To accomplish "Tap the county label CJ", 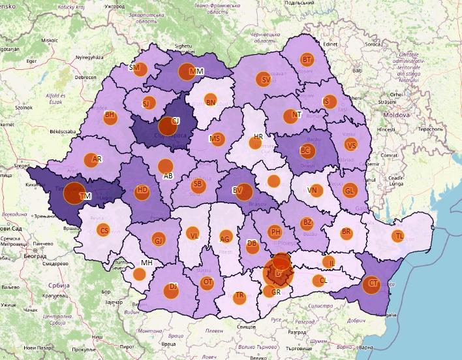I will (175, 121).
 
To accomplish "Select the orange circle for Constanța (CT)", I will (371, 284).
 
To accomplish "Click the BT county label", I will (307, 60).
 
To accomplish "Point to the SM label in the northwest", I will (134, 67).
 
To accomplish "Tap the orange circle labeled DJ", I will (172, 287).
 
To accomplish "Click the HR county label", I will (258, 137).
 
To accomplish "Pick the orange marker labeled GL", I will (350, 190).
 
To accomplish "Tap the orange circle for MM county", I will (194, 71).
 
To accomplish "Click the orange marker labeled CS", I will (103, 230).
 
